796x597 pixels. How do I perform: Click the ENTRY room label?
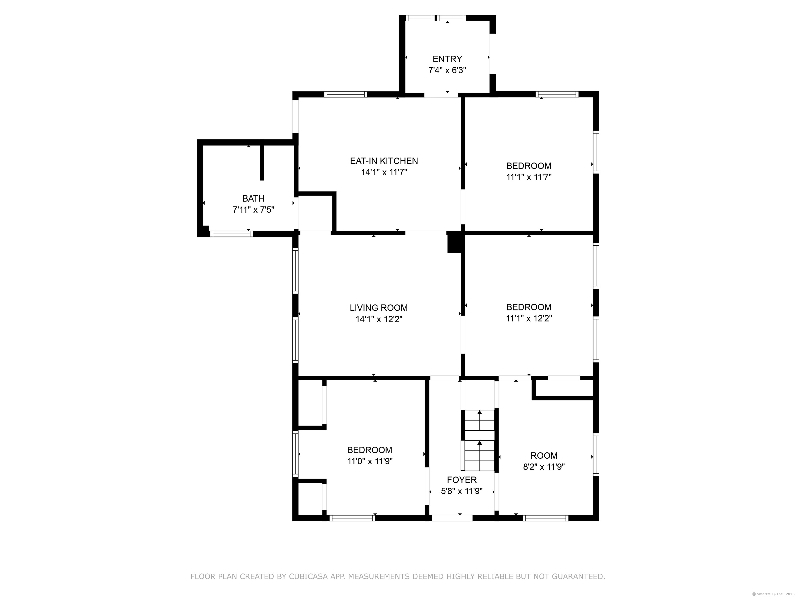point(447,59)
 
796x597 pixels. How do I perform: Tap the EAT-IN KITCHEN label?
point(384,161)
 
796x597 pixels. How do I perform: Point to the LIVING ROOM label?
point(379,308)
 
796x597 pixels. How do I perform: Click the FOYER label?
point(462,480)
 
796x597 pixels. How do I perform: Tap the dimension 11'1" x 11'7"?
point(529,177)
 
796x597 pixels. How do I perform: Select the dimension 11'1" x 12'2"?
point(529,318)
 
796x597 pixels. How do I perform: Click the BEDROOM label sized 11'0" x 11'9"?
point(369,450)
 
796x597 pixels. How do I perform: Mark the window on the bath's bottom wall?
point(231,234)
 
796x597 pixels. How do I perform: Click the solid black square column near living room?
point(454,244)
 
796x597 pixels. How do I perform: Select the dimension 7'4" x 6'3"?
point(447,70)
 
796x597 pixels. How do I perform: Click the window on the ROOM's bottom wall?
point(545,518)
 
